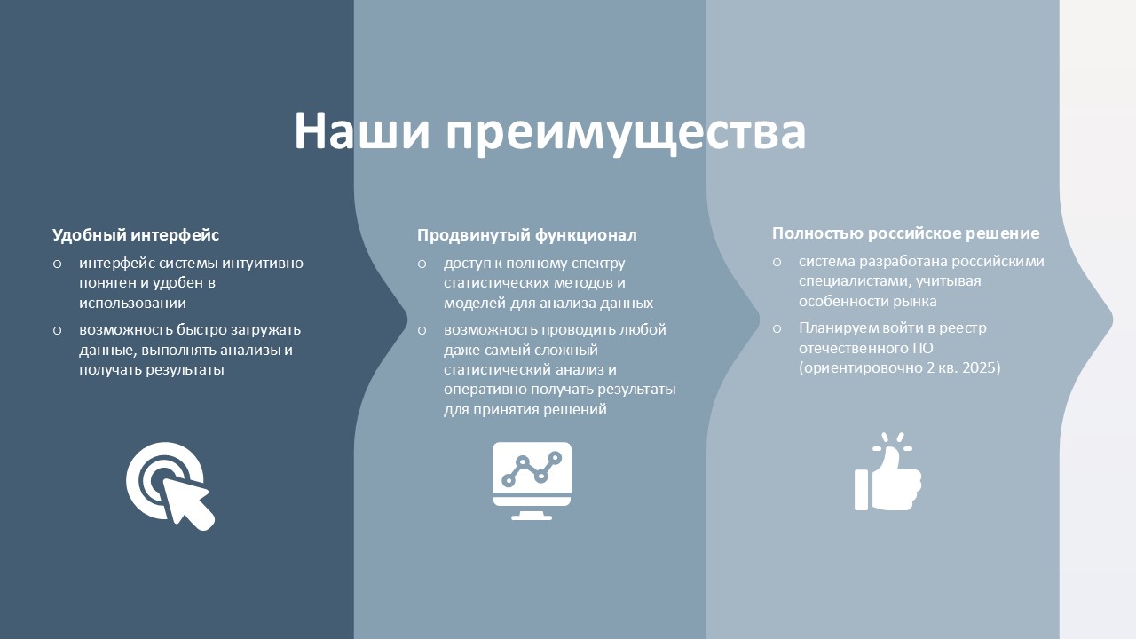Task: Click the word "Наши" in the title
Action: pyautogui.click(x=362, y=130)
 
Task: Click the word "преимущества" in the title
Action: pyautogui.click(x=626, y=133)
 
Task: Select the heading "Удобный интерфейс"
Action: pyautogui.click(x=136, y=235)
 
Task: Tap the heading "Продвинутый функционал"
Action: pyautogui.click(x=527, y=235)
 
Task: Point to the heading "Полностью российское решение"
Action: pyautogui.click(x=906, y=233)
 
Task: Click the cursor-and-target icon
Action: pyautogui.click(x=170, y=485)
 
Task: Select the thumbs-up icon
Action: pyautogui.click(x=888, y=471)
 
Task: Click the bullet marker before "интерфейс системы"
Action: pyautogui.click(x=58, y=264)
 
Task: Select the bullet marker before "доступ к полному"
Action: pyautogui.click(x=422, y=264)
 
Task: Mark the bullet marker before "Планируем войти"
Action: pyautogui.click(x=777, y=328)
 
